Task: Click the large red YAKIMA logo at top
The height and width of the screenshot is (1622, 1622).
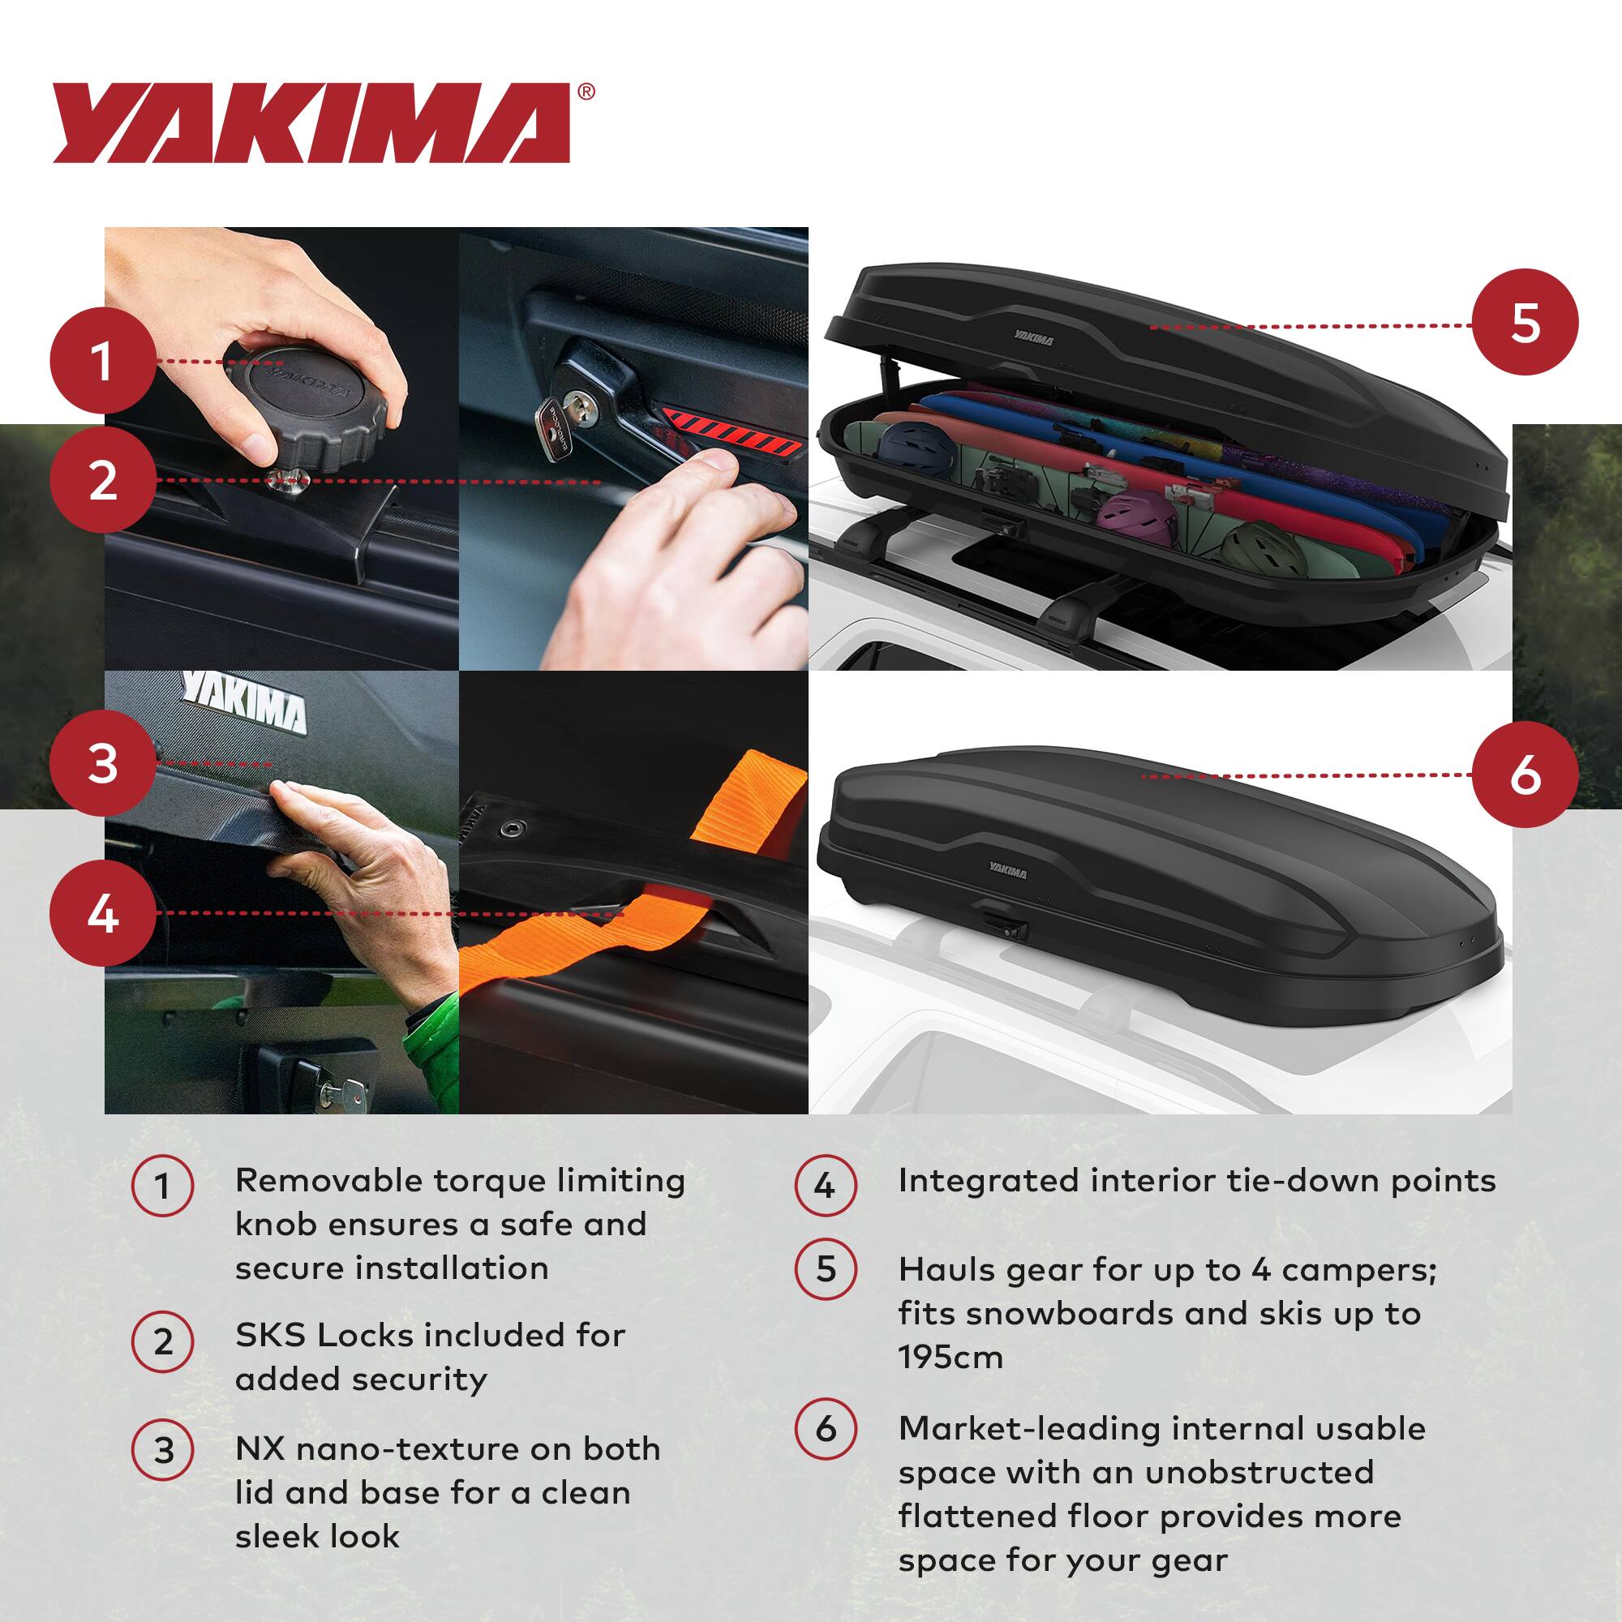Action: pos(312,122)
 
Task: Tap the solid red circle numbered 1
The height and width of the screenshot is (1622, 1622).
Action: pos(102,361)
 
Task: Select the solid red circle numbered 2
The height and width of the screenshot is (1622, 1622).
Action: pos(102,480)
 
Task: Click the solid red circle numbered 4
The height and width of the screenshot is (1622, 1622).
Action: pos(102,913)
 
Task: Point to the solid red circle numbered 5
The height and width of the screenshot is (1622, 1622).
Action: pos(1525,324)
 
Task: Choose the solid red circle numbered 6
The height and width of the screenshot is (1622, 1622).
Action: pos(1525,774)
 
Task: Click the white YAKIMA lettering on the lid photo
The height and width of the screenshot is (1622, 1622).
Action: pos(245,700)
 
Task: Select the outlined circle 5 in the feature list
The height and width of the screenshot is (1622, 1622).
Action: pos(826,1269)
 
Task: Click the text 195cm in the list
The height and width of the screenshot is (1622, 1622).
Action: pos(950,1358)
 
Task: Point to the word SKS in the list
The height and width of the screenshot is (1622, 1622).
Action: pos(269,1335)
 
